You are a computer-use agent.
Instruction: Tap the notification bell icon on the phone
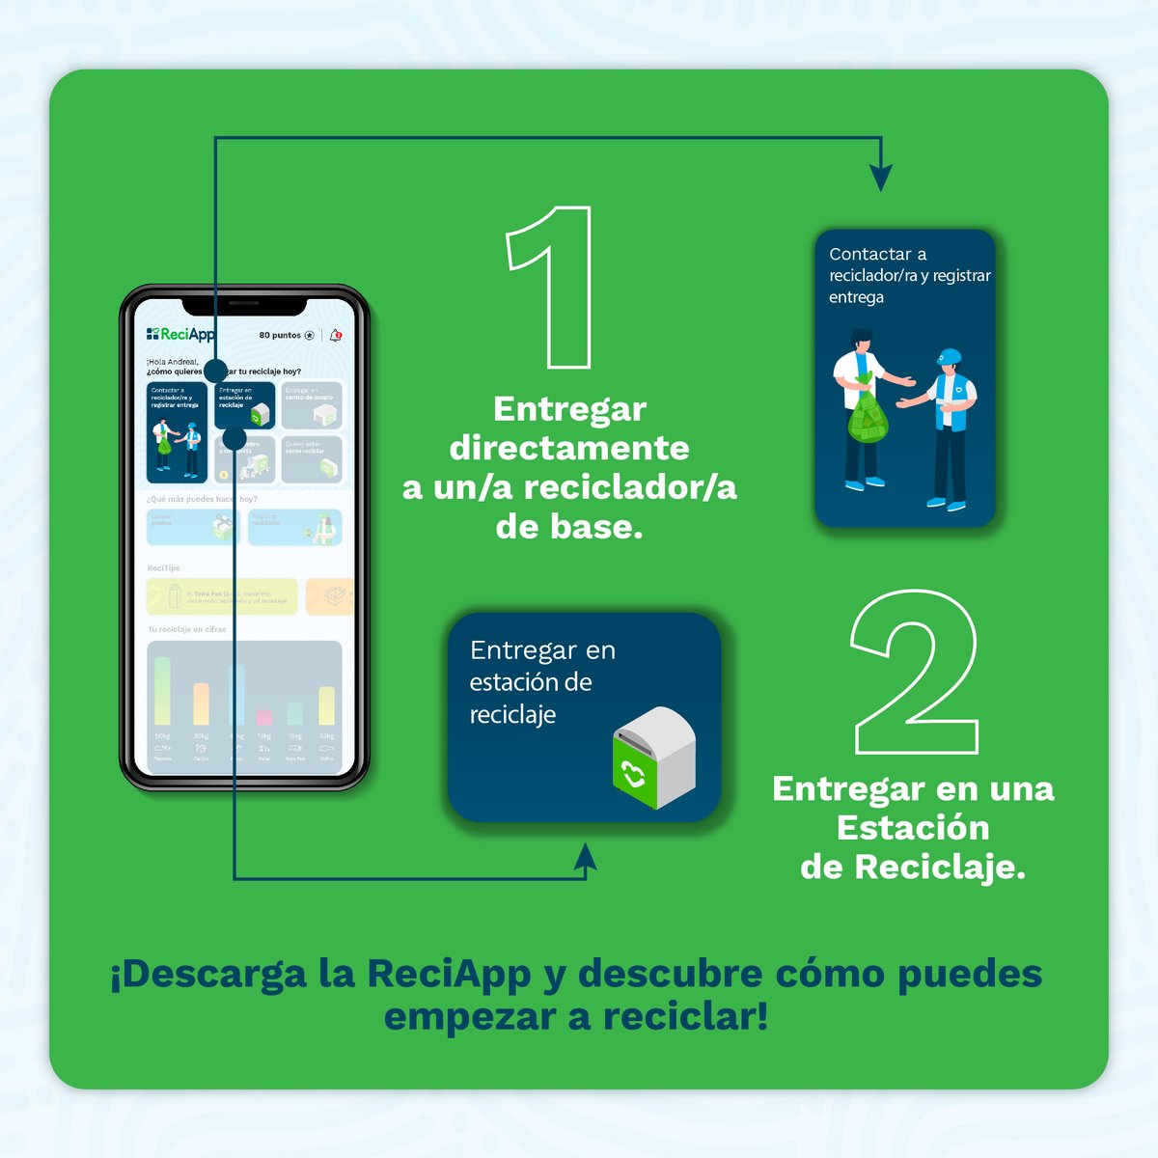[x=336, y=335]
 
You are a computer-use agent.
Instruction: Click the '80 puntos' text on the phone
[x=280, y=336]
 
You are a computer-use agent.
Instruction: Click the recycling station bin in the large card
[x=654, y=757]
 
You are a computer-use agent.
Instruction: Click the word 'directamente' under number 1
[x=569, y=448]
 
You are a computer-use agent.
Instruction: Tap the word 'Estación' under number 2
[x=913, y=828]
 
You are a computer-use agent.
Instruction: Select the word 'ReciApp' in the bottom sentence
[x=449, y=974]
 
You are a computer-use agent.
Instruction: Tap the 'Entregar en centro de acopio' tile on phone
[x=312, y=405]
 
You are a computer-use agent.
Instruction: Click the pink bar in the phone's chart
[x=263, y=717]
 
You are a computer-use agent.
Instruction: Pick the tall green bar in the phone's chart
[x=163, y=690]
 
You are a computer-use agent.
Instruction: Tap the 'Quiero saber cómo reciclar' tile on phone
[x=312, y=459]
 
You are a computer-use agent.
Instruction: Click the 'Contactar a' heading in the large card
[x=877, y=255]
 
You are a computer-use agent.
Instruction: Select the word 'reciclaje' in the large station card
[x=512, y=715]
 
